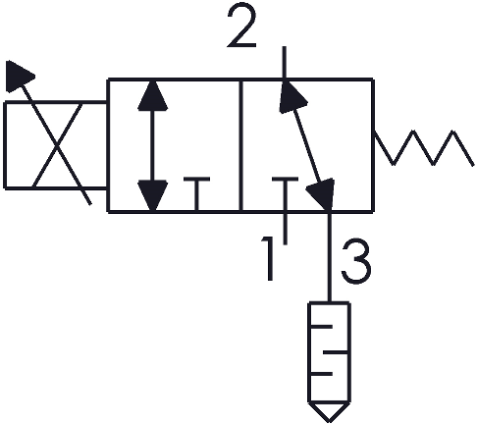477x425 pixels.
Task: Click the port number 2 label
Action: pyautogui.click(x=241, y=27)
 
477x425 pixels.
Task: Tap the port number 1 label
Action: pyautogui.click(x=268, y=259)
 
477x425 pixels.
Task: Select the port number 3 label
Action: pyautogui.click(x=356, y=263)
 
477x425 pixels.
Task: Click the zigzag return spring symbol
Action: pyautogui.click(x=423, y=148)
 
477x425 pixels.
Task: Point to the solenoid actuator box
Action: pyautogui.click(x=55, y=145)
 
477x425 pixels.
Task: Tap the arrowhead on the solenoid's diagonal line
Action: pyautogui.click(x=19, y=76)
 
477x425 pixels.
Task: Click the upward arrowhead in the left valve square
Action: pyautogui.click(x=153, y=95)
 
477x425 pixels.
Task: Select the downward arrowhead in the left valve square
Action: pyautogui.click(x=153, y=195)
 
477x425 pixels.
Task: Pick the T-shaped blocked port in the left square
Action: pyautogui.click(x=196, y=194)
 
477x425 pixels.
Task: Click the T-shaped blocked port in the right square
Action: pyautogui.click(x=286, y=194)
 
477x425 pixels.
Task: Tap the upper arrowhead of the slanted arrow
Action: pyautogui.click(x=291, y=96)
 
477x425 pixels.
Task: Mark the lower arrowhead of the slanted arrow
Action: pyautogui.click(x=322, y=194)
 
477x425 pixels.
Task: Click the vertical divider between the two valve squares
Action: pyautogui.click(x=240, y=145)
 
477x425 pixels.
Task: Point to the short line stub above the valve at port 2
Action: pyautogui.click(x=285, y=63)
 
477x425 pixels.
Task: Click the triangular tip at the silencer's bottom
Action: pyautogui.click(x=329, y=412)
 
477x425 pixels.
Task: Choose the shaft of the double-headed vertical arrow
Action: pyautogui.click(x=153, y=145)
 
